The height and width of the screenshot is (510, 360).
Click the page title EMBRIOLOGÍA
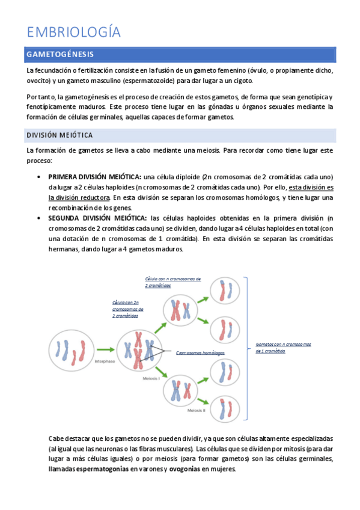[x=74, y=32]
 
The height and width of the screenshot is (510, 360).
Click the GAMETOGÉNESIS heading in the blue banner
[x=60, y=55]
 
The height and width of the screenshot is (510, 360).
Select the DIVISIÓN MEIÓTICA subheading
[x=59, y=135]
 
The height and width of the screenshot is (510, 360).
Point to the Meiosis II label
[x=196, y=410]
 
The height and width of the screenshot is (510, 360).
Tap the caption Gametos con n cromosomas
[x=283, y=344]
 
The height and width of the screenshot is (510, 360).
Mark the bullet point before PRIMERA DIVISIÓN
[x=38, y=177]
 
